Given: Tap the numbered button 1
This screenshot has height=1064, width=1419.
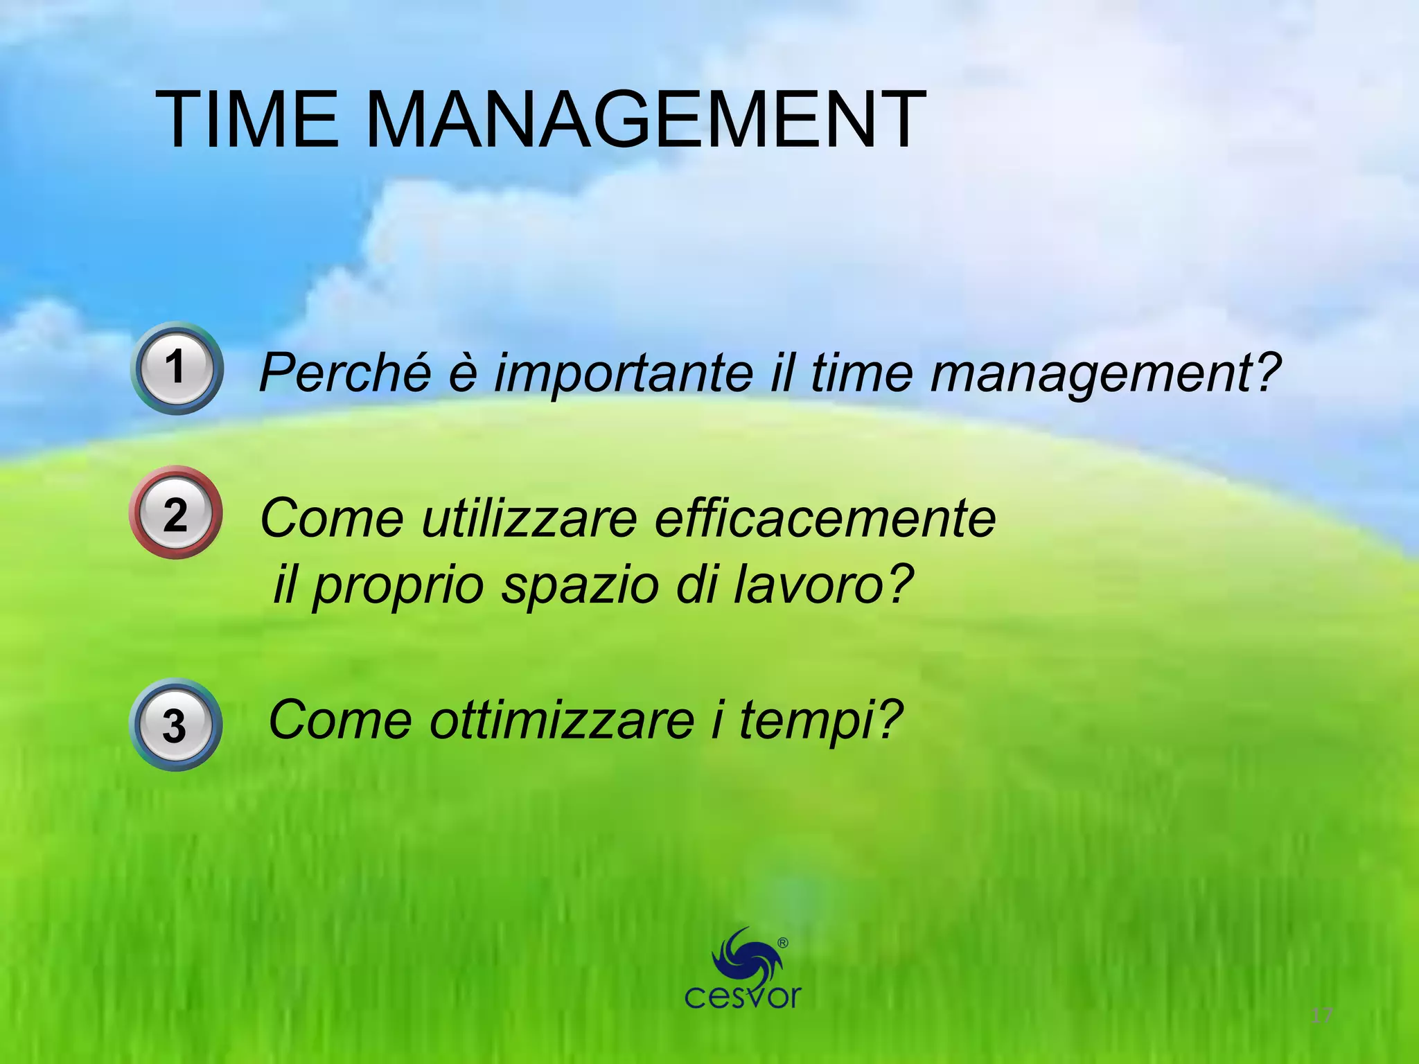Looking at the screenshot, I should click(x=177, y=368).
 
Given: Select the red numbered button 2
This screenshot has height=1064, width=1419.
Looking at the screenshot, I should click(x=176, y=513).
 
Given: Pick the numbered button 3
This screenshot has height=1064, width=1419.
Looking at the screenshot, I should click(x=175, y=725).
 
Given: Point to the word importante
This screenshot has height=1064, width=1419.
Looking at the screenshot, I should click(x=624, y=373).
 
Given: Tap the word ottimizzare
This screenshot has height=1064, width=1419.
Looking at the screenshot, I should click(x=562, y=720).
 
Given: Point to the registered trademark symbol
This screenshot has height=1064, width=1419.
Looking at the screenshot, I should click(x=783, y=943).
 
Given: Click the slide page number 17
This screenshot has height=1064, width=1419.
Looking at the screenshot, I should click(x=1322, y=1016).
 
